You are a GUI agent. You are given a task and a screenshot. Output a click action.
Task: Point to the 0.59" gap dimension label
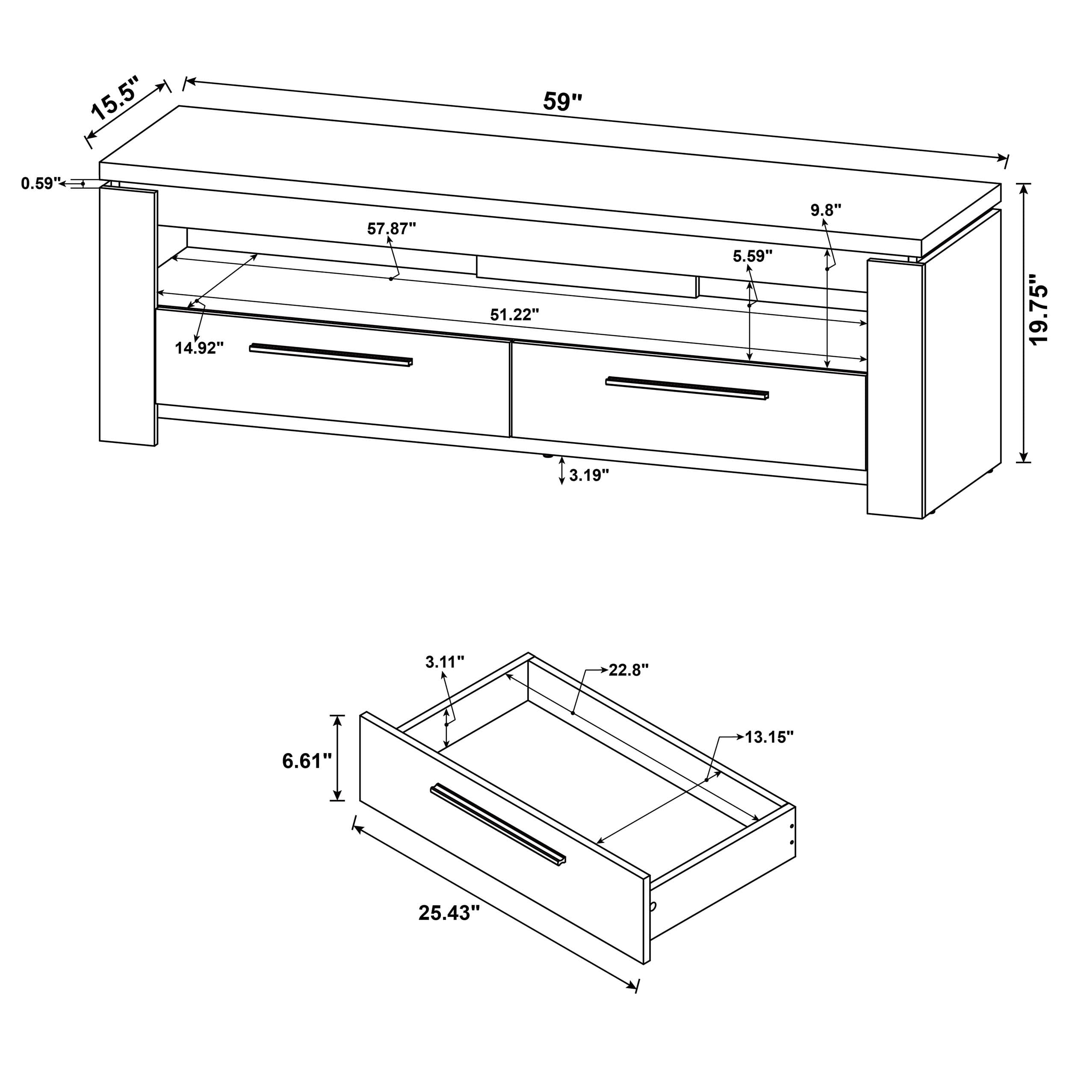pyautogui.click(x=40, y=183)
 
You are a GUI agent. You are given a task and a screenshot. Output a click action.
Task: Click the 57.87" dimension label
pyautogui.click(x=391, y=228)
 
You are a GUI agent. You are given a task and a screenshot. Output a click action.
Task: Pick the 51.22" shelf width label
pyautogui.click(x=514, y=315)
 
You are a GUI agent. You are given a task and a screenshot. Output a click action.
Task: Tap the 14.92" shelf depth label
pyautogui.click(x=199, y=348)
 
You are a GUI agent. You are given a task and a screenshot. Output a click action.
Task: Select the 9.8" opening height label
pyautogui.click(x=826, y=210)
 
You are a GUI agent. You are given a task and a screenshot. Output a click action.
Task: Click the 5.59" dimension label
pyautogui.click(x=753, y=256)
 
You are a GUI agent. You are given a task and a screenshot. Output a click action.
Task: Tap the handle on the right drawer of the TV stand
pyautogui.click(x=687, y=388)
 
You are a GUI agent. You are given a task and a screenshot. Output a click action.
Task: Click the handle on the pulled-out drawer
pyautogui.click(x=498, y=824)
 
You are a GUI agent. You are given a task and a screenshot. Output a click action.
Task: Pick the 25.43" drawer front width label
pyautogui.click(x=449, y=912)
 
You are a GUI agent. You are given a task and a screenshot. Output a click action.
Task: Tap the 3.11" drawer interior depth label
pyautogui.click(x=444, y=662)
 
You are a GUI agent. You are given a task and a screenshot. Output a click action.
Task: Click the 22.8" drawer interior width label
pyautogui.click(x=628, y=670)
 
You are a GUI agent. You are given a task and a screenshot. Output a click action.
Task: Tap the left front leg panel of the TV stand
pyautogui.click(x=128, y=316)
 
